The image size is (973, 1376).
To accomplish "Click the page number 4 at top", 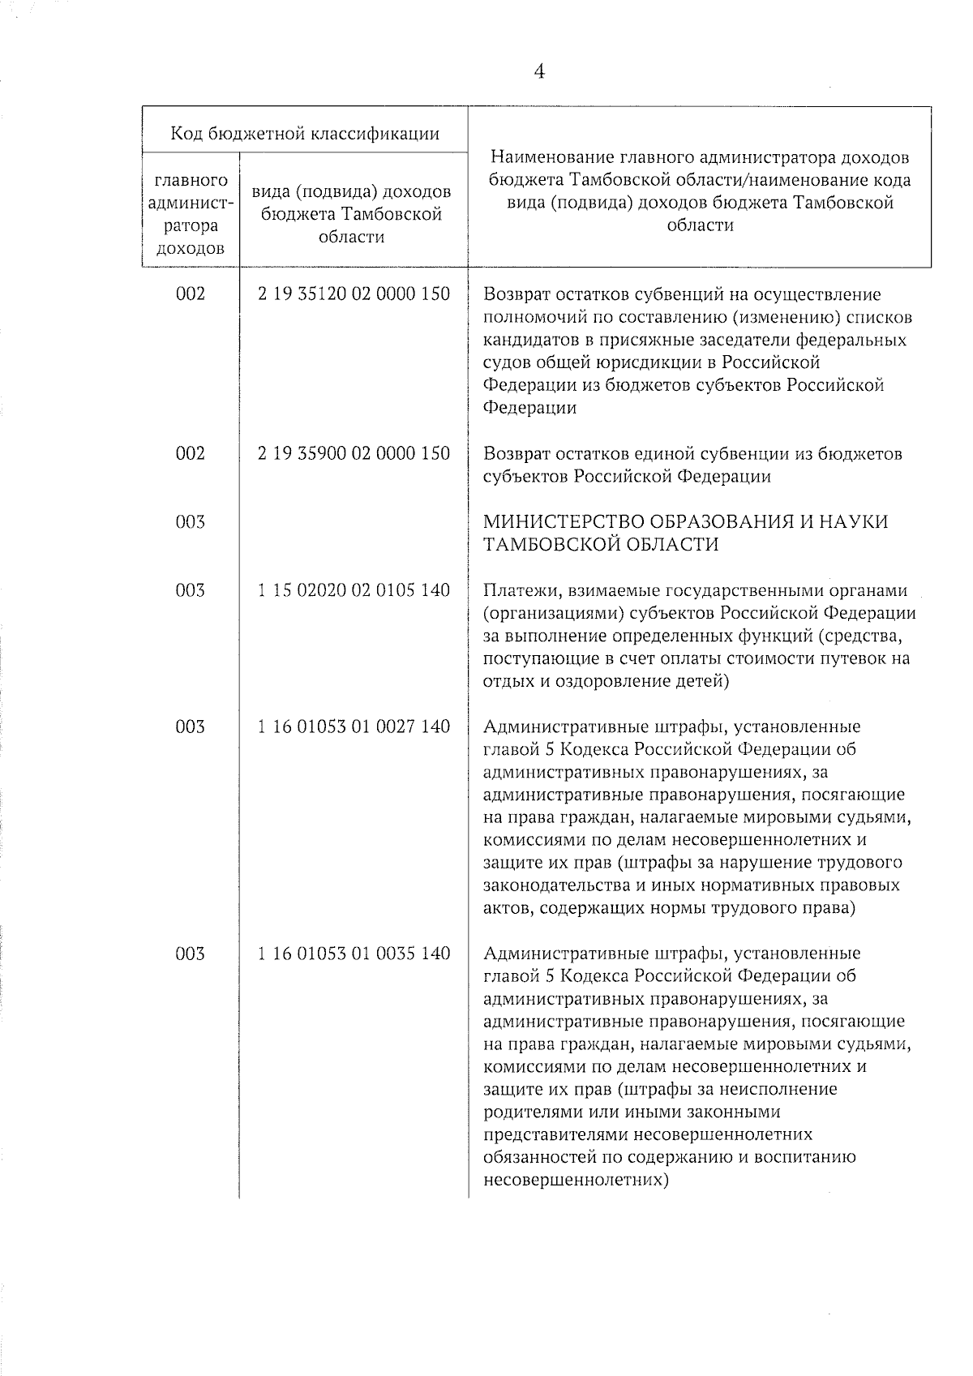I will click(539, 72).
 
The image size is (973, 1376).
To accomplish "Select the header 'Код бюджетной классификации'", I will click(305, 134).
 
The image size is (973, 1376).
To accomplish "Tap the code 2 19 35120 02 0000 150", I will click(354, 294).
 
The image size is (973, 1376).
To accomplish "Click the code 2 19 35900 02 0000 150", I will click(354, 453).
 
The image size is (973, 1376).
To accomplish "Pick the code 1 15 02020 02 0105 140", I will click(354, 590).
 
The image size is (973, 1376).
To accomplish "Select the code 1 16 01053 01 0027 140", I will click(354, 727).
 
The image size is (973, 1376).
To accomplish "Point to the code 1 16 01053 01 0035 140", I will click(354, 954).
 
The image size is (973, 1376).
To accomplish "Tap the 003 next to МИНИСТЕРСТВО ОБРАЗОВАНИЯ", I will click(191, 522).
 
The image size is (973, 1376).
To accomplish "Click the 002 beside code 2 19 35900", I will click(191, 453).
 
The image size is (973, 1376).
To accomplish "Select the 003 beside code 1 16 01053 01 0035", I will click(191, 954).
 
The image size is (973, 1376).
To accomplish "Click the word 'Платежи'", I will click(517, 590).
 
